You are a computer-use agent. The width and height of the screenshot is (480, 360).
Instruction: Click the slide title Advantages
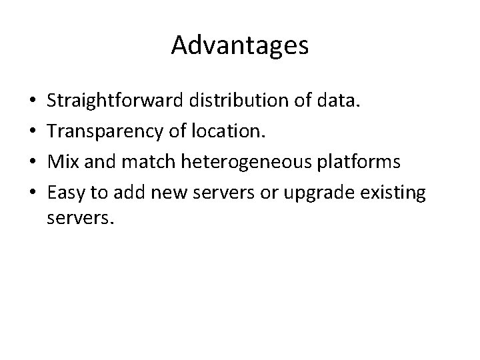(x=239, y=45)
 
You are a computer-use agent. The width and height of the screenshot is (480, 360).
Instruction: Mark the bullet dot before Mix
(x=33, y=162)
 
